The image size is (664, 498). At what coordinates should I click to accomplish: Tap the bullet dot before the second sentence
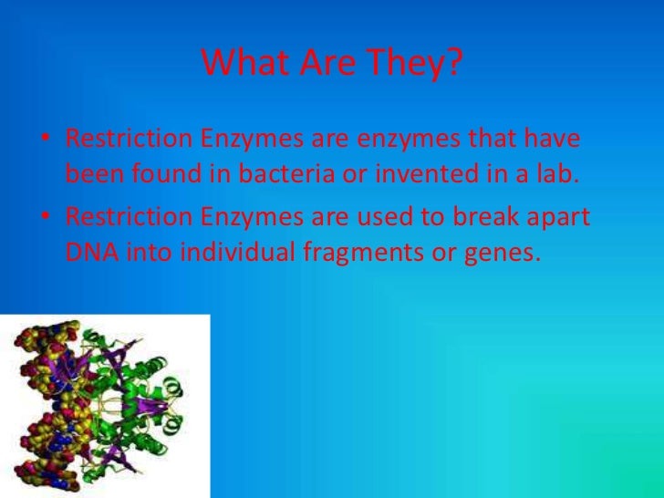(x=43, y=219)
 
